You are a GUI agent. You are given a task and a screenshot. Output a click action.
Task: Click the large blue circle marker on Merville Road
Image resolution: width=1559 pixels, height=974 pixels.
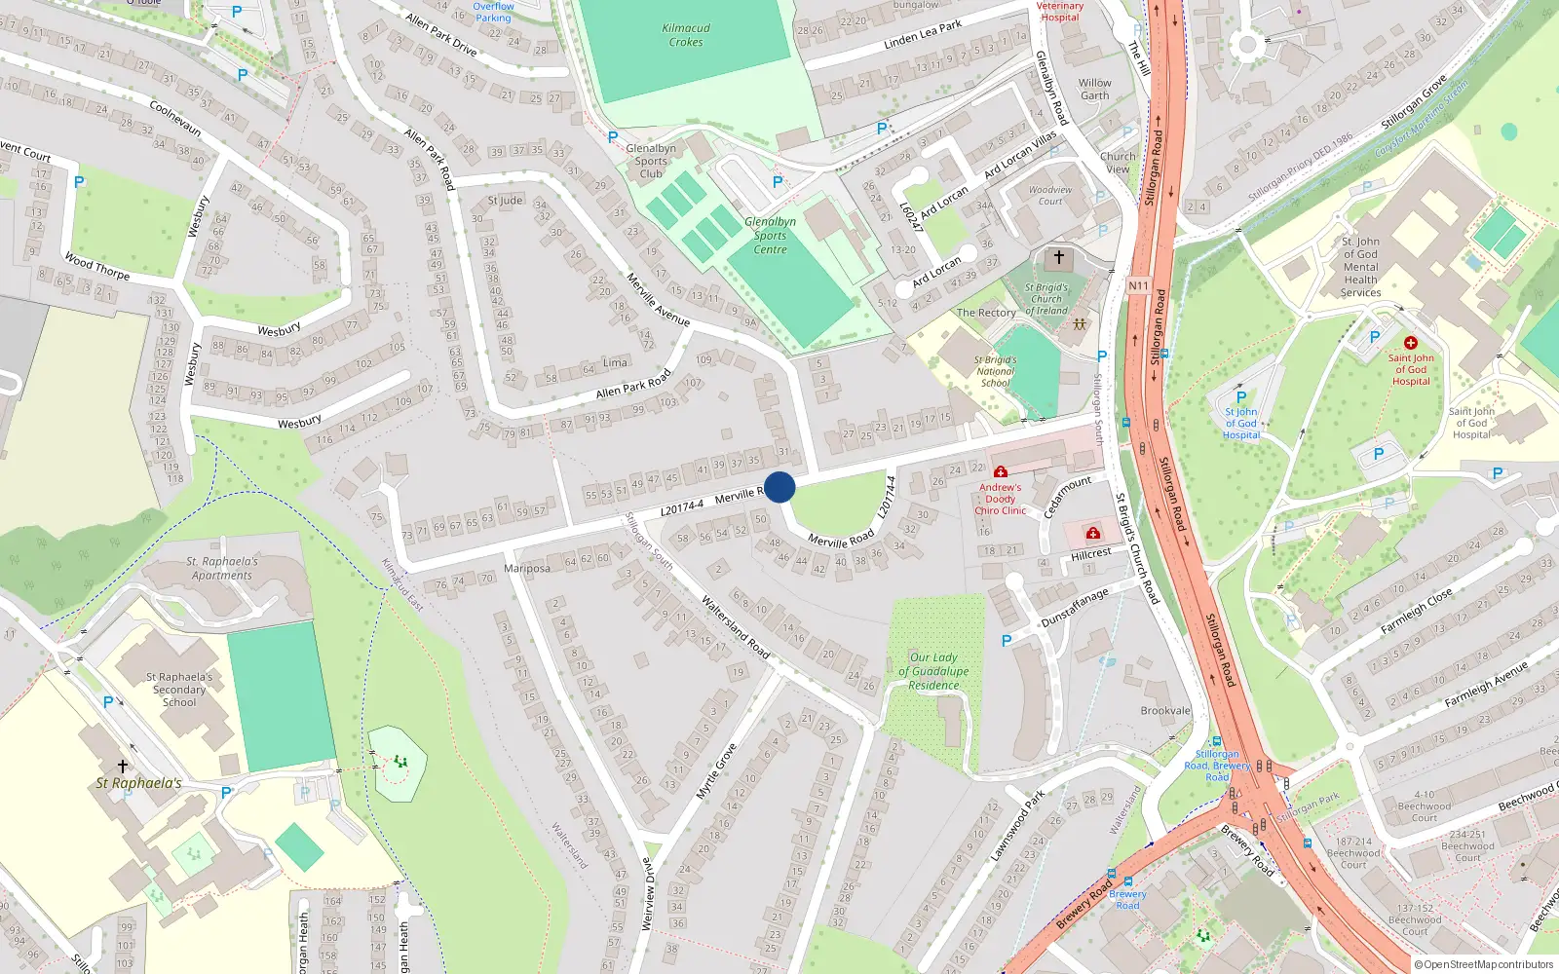point(779,487)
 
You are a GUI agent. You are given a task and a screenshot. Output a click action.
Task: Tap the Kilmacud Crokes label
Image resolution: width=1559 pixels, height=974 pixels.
point(686,35)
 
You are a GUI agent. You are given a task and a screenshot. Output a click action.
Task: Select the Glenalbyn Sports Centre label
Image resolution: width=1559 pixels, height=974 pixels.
point(770,236)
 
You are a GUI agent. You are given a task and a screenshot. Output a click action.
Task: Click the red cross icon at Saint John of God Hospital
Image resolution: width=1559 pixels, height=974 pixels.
point(1411,343)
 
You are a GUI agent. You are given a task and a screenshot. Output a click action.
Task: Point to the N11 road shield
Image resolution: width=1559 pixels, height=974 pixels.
point(1138,285)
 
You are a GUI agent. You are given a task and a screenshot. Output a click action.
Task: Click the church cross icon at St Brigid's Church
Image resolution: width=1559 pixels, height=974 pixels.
point(1059,258)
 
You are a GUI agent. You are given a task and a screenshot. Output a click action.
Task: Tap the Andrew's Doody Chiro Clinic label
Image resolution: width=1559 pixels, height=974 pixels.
point(1001,499)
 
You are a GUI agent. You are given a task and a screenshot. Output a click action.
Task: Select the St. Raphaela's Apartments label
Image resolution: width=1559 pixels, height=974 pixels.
point(222,569)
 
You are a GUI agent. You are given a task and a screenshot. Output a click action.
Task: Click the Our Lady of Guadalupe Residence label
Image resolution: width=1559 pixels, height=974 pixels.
point(933,671)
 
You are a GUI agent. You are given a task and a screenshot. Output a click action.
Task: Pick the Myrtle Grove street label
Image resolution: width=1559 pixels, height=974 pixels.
point(716,771)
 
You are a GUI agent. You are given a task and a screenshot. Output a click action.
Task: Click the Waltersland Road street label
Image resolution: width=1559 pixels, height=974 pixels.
point(736,628)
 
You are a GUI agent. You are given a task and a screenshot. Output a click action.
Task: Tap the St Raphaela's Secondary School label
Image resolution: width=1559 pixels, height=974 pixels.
point(179,690)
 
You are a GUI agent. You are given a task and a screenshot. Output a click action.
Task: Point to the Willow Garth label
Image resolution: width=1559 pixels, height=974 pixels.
point(1094,90)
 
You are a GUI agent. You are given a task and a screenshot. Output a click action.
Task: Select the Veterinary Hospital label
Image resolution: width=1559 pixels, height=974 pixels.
point(1059,12)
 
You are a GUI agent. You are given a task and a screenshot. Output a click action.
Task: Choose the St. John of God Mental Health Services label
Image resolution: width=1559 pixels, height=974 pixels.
point(1360,267)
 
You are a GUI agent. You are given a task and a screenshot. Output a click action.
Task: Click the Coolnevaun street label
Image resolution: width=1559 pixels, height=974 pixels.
point(175,118)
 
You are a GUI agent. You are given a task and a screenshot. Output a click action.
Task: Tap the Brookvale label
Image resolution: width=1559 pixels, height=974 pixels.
point(1165,711)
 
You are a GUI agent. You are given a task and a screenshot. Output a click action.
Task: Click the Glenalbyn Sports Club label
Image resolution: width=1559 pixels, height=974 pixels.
point(651,162)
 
